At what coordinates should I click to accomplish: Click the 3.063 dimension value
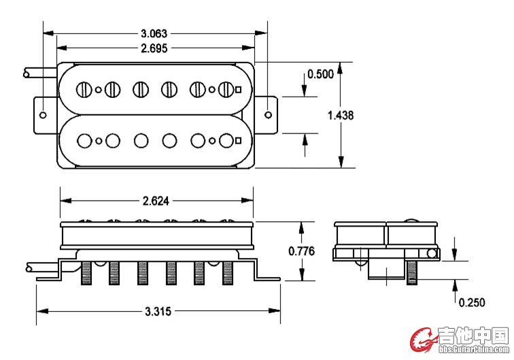coord(154,33)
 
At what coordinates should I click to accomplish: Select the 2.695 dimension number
coord(154,48)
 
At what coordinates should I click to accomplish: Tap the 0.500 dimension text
coord(320,74)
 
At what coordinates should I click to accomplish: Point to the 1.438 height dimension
coord(341,116)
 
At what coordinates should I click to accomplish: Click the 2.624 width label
coord(156,201)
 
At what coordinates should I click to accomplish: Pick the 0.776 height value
coord(301,251)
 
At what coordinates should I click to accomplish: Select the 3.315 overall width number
coord(158,311)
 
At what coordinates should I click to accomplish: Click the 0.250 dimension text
coord(471,303)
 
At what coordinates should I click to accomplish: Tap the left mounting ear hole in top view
coord(43,115)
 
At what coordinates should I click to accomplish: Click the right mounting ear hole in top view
coord(268,115)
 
